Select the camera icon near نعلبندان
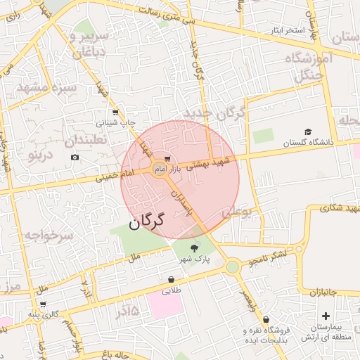coord(75,156)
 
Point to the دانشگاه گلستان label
coord(307,142)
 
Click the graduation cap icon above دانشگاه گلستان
coord(307,131)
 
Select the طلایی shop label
coord(172,289)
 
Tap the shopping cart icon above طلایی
coord(172,278)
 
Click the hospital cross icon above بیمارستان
coord(325,306)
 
